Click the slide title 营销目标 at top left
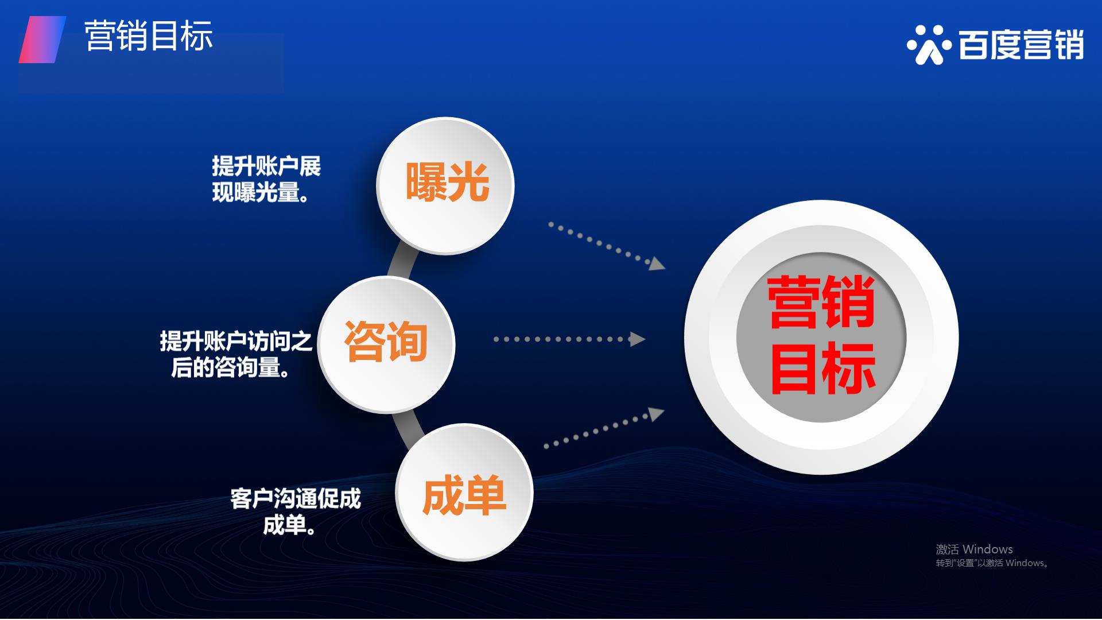(x=149, y=36)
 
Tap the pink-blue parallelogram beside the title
(x=42, y=40)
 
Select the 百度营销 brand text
(x=1021, y=45)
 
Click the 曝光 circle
(x=445, y=185)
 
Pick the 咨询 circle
(x=386, y=344)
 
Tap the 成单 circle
(x=464, y=493)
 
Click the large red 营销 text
(x=821, y=303)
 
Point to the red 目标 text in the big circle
(x=822, y=368)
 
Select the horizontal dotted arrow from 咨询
(x=569, y=339)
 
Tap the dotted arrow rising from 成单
(x=604, y=428)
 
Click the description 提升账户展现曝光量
(x=266, y=179)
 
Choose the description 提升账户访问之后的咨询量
(x=236, y=354)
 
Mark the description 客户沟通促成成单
(x=296, y=511)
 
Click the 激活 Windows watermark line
(x=974, y=549)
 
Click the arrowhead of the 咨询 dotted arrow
(x=638, y=339)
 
